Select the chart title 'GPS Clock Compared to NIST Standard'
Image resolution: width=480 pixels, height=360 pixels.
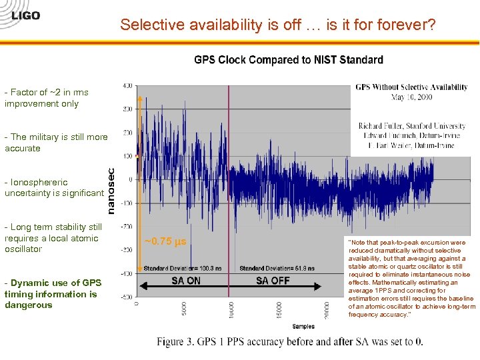point(288,60)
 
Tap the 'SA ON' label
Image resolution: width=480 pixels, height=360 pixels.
point(185,281)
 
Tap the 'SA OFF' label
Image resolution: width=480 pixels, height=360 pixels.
point(273,281)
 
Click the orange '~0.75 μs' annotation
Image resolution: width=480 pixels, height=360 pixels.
point(165,241)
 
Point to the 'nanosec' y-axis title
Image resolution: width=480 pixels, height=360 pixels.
point(111,191)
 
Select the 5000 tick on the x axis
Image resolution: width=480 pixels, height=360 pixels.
point(185,309)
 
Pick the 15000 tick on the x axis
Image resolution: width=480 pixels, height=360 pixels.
point(279,309)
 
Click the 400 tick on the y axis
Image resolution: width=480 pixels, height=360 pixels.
point(127,85)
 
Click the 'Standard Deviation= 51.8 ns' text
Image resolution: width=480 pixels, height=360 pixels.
point(267,269)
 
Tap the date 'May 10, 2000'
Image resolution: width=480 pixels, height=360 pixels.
point(411,97)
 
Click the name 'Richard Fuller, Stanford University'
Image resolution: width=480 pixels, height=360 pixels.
point(411,126)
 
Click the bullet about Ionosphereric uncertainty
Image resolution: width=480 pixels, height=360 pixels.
point(53,187)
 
